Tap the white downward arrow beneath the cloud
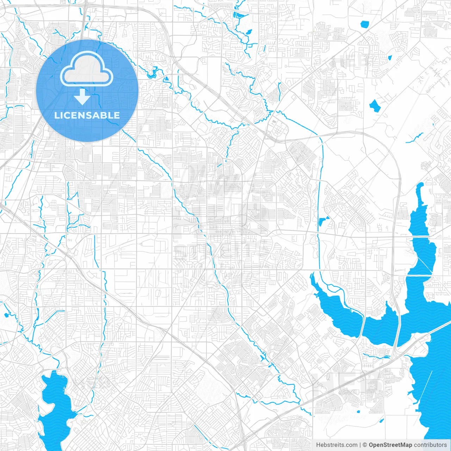(82, 97)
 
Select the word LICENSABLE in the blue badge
(87, 115)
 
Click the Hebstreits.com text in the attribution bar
(336, 445)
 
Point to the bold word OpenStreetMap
(390, 445)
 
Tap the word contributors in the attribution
(430, 445)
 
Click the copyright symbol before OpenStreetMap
(365, 445)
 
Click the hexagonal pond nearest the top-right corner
(364, 24)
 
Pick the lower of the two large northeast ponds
(373, 105)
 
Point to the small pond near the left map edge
(6, 315)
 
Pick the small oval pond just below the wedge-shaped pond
(249, 32)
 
